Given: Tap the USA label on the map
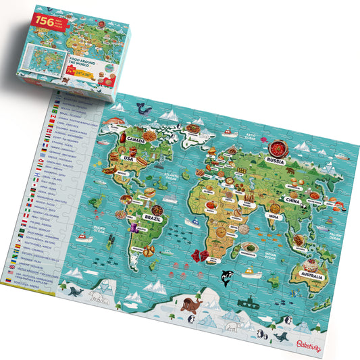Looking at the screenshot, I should (x=129, y=159).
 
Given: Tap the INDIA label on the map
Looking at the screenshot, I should (x=255, y=217).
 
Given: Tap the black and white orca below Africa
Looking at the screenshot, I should (x=227, y=276).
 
